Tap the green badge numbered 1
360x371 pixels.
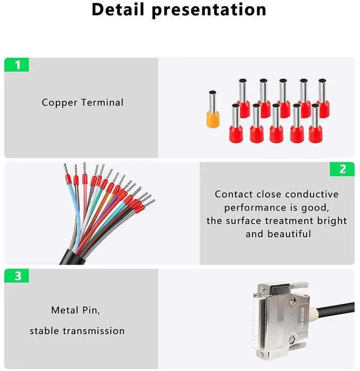tap(17, 65)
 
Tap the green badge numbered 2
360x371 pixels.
tap(343, 169)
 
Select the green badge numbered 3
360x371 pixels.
tap(17, 276)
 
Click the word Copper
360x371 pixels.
tap(60, 102)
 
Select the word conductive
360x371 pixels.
tap(308, 194)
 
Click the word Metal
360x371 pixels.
tap(65, 310)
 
